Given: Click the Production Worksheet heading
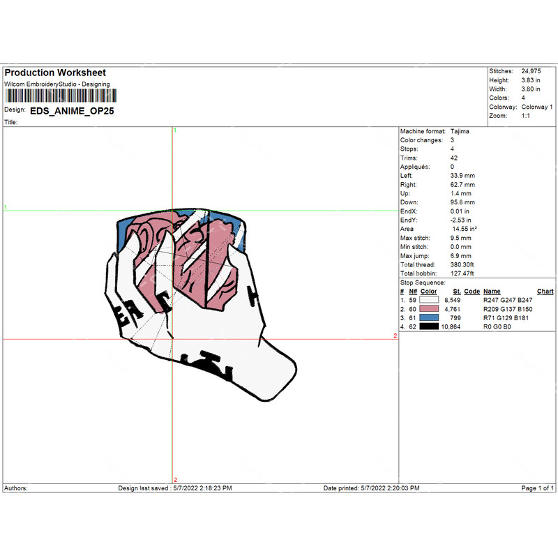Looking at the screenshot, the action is pyautogui.click(x=55, y=73).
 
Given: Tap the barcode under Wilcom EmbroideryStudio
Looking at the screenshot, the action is pyautogui.click(x=61, y=96).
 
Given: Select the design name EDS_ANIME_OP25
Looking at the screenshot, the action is pyautogui.click(x=72, y=111).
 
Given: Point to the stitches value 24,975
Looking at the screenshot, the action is pyautogui.click(x=531, y=71).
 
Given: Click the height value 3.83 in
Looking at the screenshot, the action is pyautogui.click(x=531, y=80).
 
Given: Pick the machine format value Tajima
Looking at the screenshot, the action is pyautogui.click(x=460, y=131).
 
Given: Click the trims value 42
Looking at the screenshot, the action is pyautogui.click(x=454, y=158).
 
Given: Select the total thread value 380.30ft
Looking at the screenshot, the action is pyautogui.click(x=462, y=265).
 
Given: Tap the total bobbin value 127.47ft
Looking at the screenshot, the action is pyautogui.click(x=462, y=273).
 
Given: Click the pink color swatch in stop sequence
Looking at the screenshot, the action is pyautogui.click(x=429, y=309).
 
